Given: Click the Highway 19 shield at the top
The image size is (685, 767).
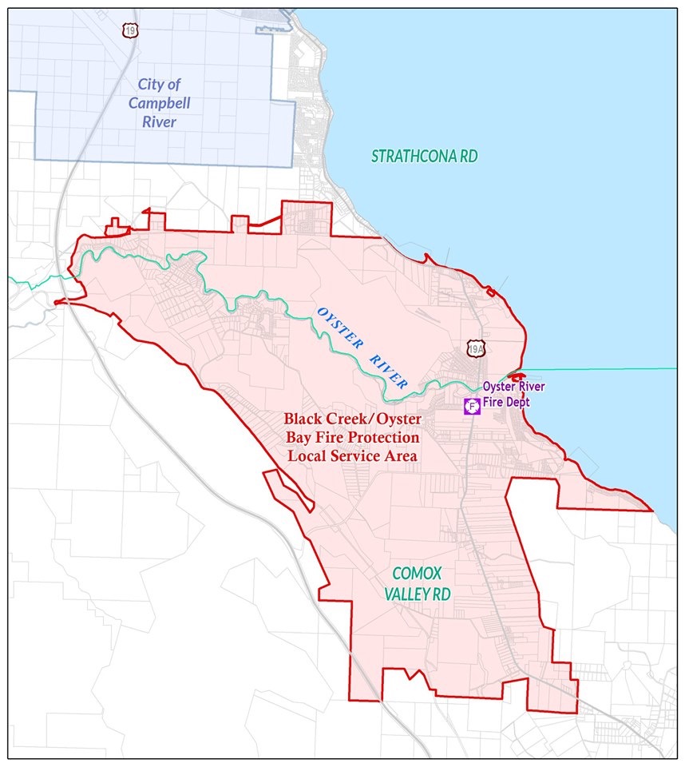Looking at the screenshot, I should (129, 30).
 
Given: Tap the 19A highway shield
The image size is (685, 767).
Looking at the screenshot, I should (477, 348).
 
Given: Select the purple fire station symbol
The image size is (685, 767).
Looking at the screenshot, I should (472, 406).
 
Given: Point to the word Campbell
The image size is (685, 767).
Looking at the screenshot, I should (160, 103).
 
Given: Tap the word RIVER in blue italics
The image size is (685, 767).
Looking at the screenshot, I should (389, 369).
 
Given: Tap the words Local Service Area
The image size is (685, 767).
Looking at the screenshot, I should (352, 455).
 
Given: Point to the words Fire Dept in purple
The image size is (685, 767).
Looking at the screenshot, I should (506, 402).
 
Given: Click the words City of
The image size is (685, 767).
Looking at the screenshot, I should (158, 84).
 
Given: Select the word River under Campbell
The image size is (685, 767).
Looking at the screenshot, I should (160, 122).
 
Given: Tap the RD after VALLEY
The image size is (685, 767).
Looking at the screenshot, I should (441, 594).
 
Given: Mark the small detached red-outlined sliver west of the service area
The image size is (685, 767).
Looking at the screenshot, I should (289, 491).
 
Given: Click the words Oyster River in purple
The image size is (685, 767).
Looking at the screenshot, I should (513, 387).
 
